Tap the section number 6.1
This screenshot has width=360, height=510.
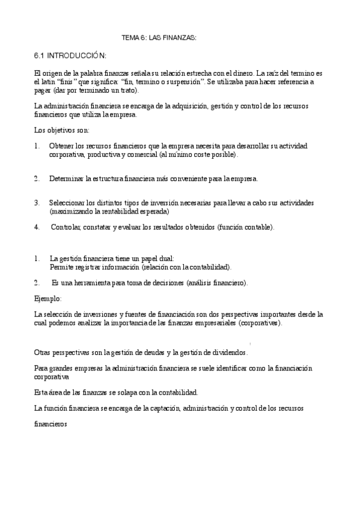tap(40, 56)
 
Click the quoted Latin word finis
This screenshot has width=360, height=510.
tap(69, 82)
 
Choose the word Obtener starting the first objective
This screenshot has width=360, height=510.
tap(62, 146)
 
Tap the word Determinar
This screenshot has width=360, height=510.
tap(67, 179)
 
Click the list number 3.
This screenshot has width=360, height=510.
tap(37, 203)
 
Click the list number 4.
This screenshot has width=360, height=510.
tap(37, 227)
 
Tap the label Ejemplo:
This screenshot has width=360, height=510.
tap(48, 298)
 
